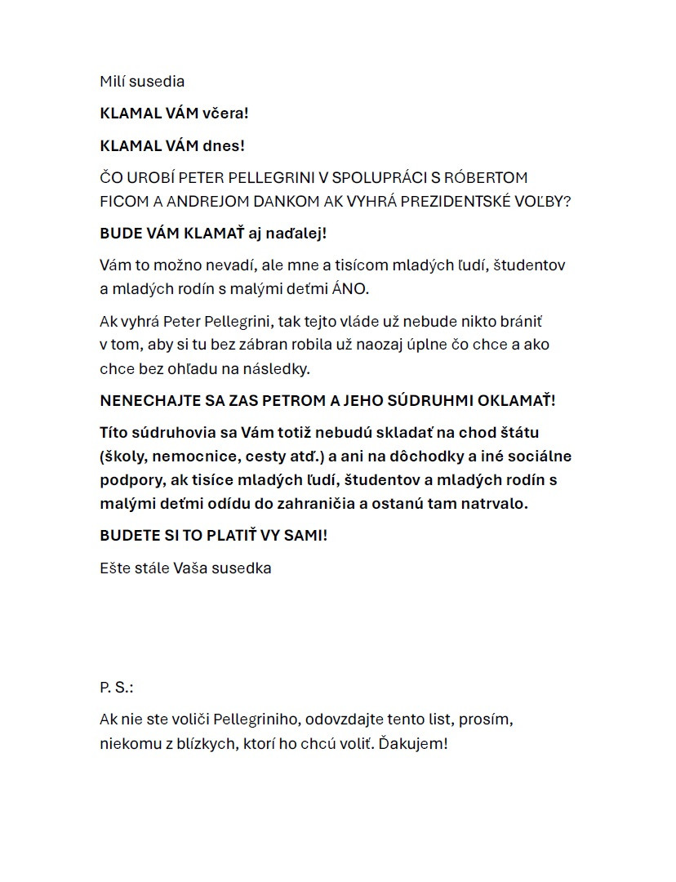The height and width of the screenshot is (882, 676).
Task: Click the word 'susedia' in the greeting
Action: click(157, 82)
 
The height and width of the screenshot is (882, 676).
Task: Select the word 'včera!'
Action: click(225, 114)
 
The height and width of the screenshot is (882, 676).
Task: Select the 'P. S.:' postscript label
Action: click(116, 688)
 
